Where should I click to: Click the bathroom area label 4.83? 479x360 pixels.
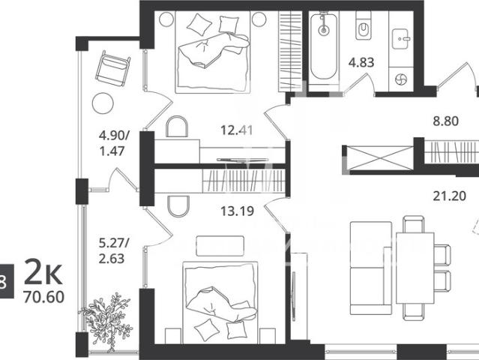pyautogui.click(x=361, y=63)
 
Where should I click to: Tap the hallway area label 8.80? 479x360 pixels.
pyautogui.click(x=446, y=121)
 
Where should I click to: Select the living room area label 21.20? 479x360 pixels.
pyautogui.click(x=450, y=196)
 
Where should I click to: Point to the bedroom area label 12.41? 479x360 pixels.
pyautogui.click(x=237, y=130)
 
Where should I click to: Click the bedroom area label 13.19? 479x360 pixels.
pyautogui.click(x=238, y=211)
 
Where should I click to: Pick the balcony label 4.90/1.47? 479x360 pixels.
pyautogui.click(x=114, y=143)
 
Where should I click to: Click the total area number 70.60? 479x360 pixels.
pyautogui.click(x=43, y=297)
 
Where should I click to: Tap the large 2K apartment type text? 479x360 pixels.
pyautogui.click(x=43, y=271)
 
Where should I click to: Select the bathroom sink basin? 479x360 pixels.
pyautogui.click(x=400, y=39)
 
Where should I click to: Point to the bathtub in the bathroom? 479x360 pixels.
pyautogui.click(x=324, y=46)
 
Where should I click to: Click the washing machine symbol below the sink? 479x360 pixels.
pyautogui.click(x=401, y=79)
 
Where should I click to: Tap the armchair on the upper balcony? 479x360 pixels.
pyautogui.click(x=112, y=69)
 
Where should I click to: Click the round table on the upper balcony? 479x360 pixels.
pyautogui.click(x=103, y=103)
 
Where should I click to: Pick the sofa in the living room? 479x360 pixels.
pyautogui.click(x=371, y=268)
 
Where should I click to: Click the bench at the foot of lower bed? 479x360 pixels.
pyautogui.click(x=220, y=246)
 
